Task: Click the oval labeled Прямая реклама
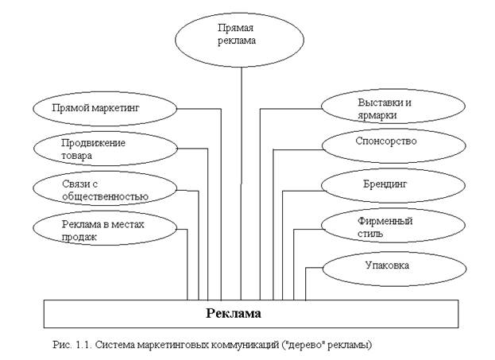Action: tap(238, 34)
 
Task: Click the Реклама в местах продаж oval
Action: tap(105, 230)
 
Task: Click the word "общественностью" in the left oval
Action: tap(106, 195)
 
